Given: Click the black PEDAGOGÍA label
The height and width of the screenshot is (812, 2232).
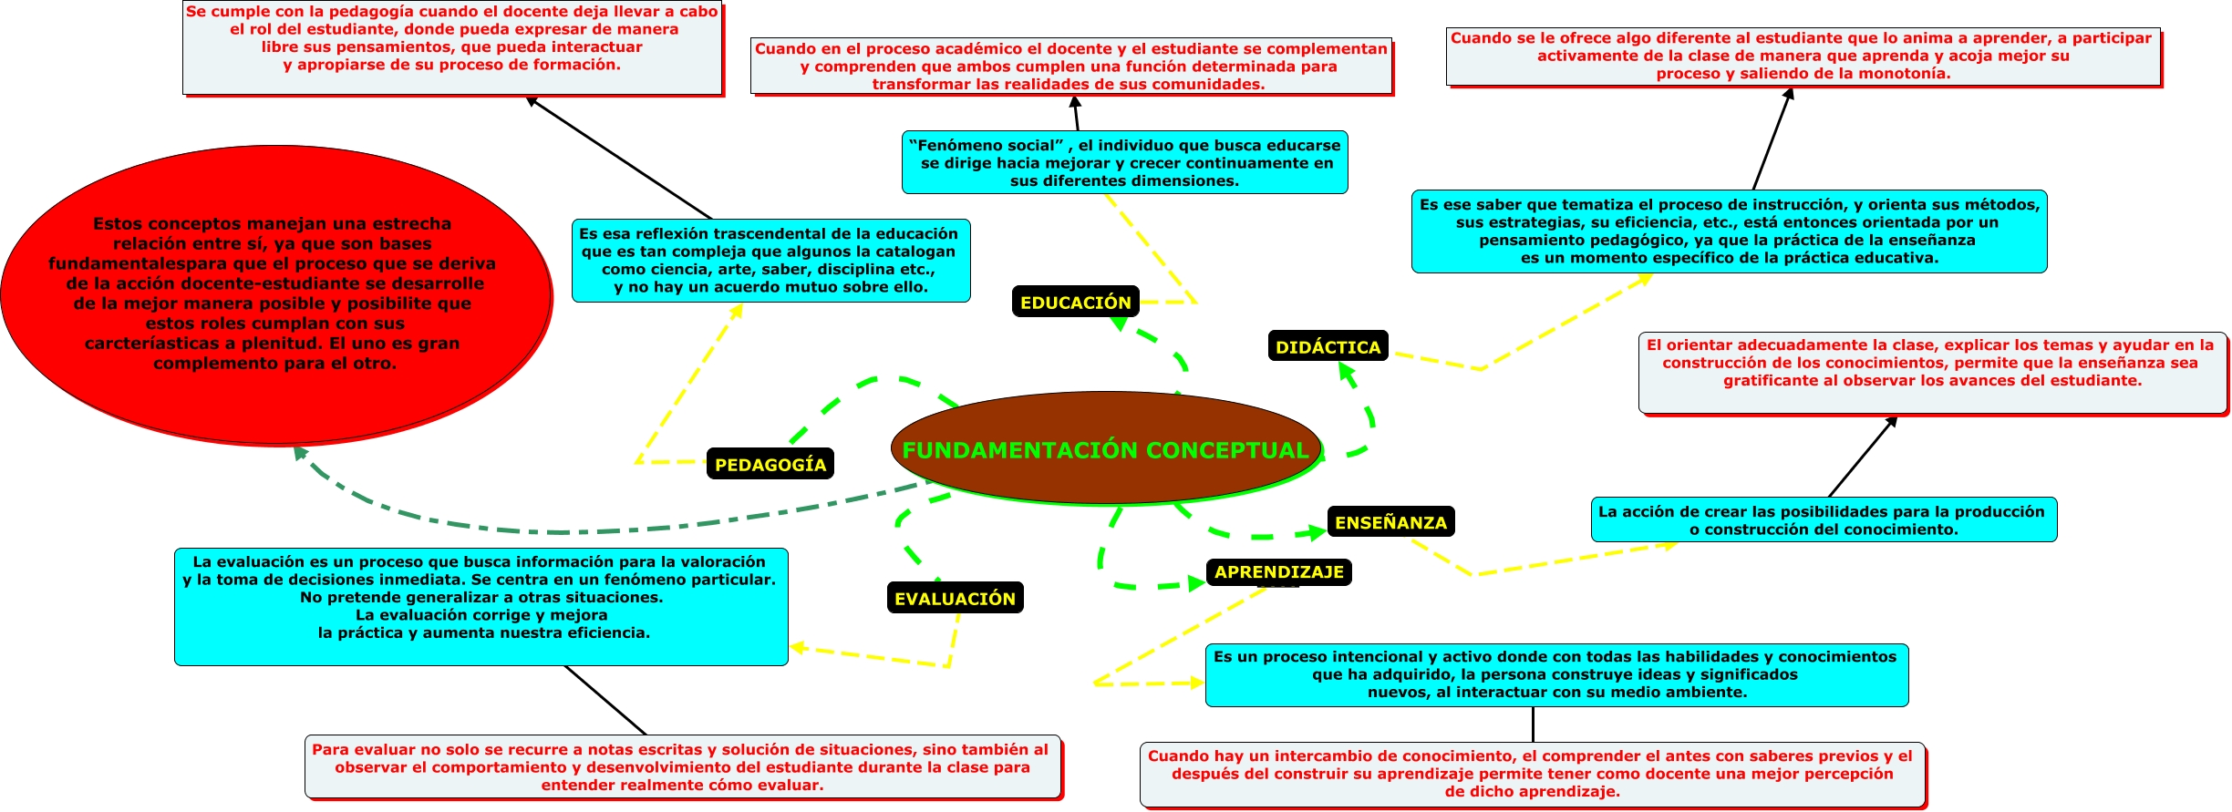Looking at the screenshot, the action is tap(770, 464).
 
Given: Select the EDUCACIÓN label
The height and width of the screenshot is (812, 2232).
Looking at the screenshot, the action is tap(1075, 302).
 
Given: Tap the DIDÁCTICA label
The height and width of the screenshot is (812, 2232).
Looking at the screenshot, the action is tap(1328, 346).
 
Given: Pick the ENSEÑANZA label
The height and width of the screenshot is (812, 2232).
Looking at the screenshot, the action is tap(1390, 522).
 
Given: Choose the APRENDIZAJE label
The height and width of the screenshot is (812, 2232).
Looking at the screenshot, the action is tap(1278, 571).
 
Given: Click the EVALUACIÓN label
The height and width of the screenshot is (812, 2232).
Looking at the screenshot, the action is tap(955, 598).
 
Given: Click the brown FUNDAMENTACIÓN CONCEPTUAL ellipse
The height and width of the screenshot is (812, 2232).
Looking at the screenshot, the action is tap(1105, 448).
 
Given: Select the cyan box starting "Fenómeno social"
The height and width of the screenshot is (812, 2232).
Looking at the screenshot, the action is tap(1124, 162).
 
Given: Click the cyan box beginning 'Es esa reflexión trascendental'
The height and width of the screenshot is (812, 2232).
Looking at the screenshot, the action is tap(770, 260).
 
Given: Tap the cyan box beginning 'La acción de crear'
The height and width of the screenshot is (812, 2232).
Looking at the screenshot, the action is tap(1824, 519).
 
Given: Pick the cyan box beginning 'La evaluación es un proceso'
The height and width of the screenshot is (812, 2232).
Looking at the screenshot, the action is tap(480, 606).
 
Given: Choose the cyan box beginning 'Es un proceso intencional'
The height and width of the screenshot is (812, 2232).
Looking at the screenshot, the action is tap(1555, 674).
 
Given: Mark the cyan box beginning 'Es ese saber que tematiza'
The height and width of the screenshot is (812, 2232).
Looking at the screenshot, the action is tap(1729, 231).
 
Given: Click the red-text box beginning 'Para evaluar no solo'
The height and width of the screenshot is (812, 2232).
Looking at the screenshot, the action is tap(683, 766).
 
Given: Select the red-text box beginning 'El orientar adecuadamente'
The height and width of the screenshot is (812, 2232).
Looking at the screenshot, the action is tap(1931, 374).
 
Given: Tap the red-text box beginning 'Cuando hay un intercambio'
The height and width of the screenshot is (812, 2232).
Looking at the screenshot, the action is tap(1532, 774).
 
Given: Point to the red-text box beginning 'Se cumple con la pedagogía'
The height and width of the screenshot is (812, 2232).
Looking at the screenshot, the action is tap(452, 46).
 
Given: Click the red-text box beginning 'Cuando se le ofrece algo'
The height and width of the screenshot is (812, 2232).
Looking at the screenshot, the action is tap(1803, 57).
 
